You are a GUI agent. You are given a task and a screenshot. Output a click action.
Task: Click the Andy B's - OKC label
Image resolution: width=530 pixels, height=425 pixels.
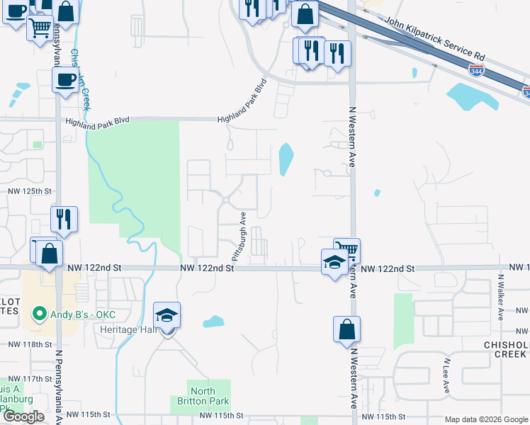[83, 314]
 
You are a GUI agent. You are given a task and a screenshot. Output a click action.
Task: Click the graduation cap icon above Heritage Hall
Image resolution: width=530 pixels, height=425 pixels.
[167, 315]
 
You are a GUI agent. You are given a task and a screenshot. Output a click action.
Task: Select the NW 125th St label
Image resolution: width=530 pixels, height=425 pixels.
[30, 191]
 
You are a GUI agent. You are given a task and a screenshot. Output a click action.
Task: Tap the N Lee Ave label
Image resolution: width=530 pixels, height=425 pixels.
[447, 375]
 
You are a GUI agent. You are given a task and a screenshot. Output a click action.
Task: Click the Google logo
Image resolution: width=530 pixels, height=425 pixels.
[23, 416]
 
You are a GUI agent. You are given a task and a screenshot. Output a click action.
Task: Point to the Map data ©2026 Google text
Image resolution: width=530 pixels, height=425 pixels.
[485, 419]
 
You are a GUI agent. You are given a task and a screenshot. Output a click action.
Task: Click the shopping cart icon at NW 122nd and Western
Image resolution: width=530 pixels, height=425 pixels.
[347, 251]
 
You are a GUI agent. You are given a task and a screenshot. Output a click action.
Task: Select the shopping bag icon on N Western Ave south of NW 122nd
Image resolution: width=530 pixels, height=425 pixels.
[346, 329]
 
